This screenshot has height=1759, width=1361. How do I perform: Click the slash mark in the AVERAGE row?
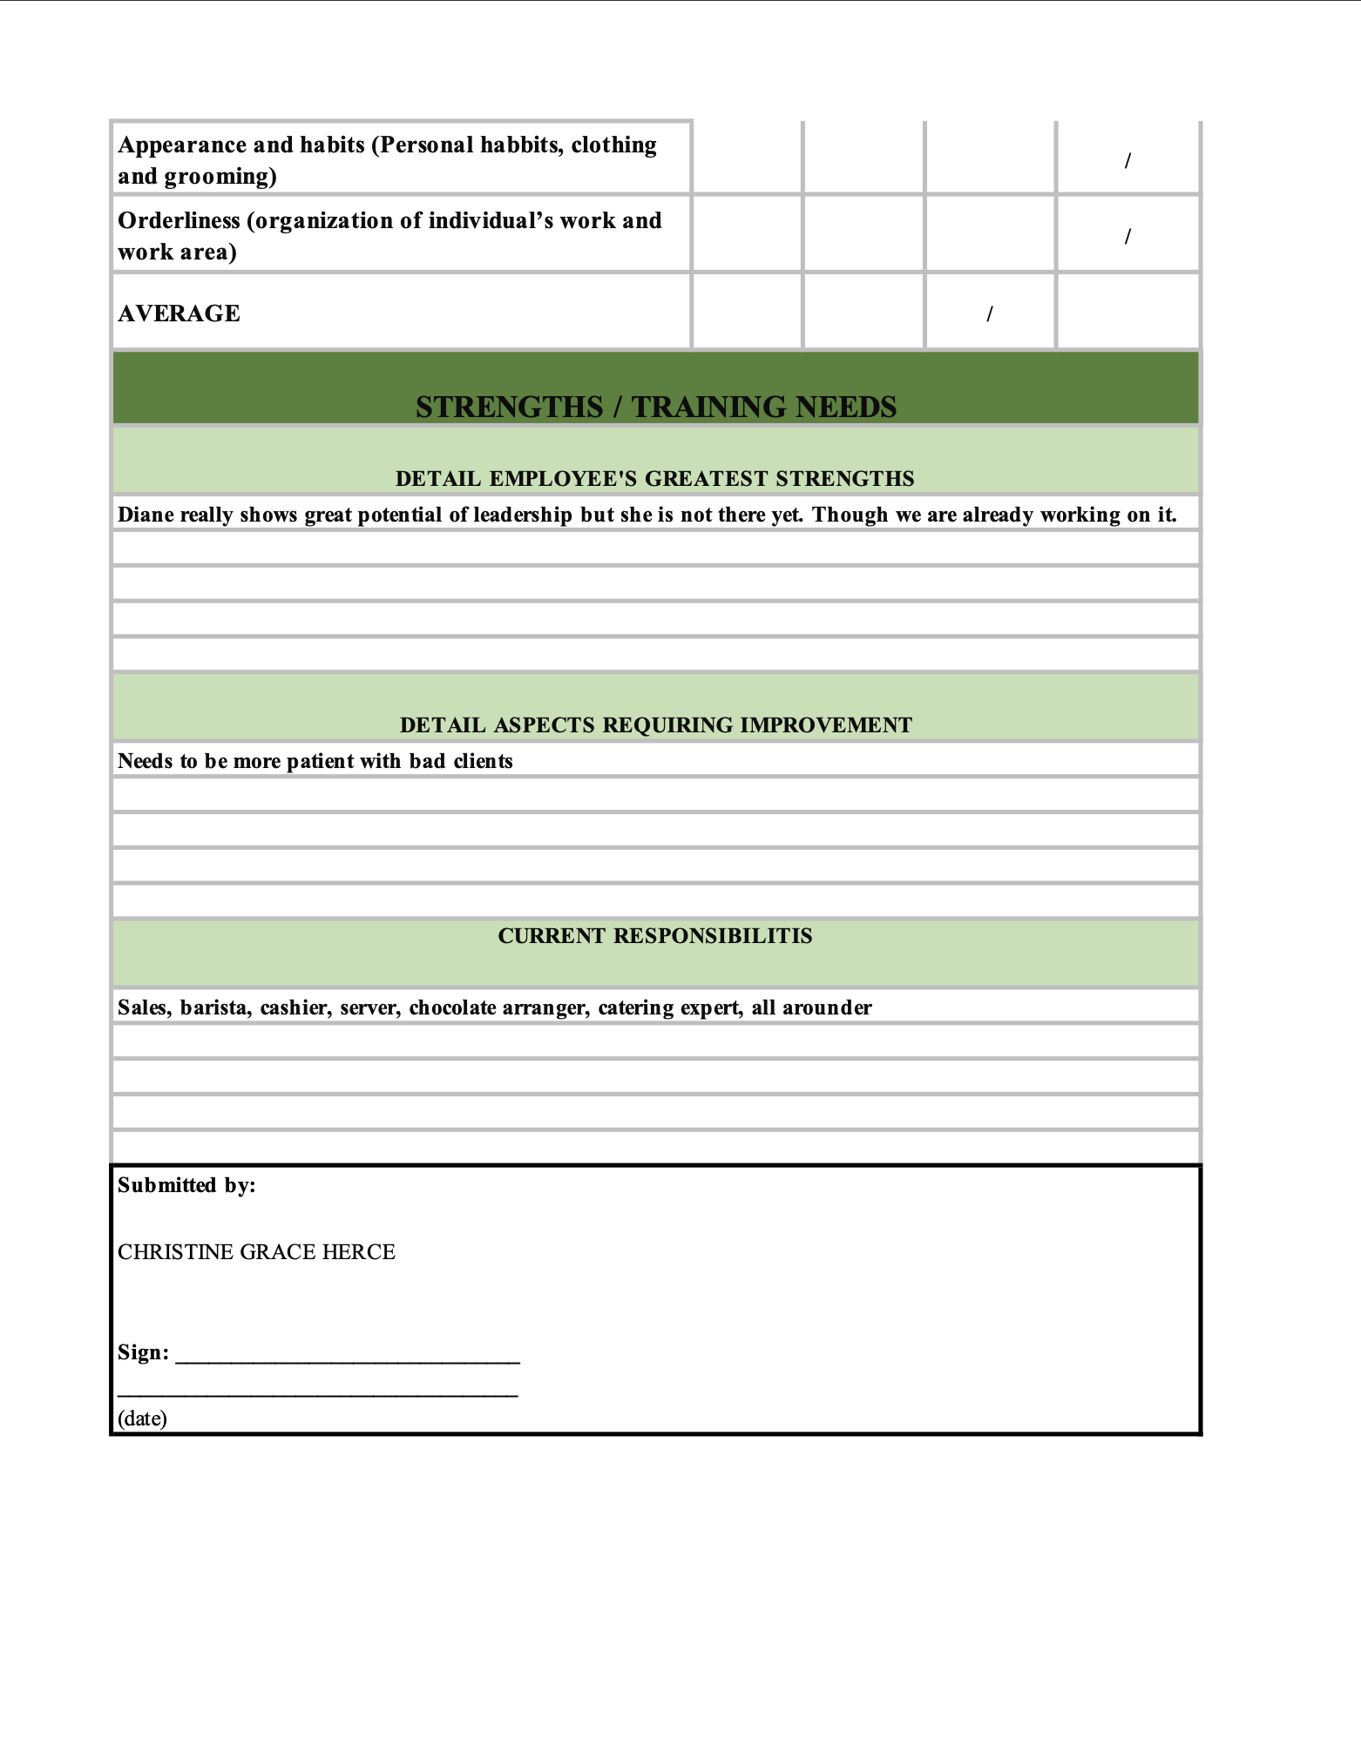(x=989, y=314)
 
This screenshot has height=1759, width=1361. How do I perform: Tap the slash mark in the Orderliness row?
(x=1127, y=236)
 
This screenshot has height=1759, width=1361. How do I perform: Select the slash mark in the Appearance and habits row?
(x=1127, y=160)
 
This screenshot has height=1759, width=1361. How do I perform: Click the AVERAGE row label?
(x=179, y=313)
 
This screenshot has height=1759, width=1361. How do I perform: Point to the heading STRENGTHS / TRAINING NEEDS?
(x=655, y=407)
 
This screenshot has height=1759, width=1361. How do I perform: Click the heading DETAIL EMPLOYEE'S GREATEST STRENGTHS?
(x=655, y=478)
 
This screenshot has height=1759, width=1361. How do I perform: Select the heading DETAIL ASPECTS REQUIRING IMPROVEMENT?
(x=655, y=724)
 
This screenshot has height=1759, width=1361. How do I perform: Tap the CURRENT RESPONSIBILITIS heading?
(x=655, y=935)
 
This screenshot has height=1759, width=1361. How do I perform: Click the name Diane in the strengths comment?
(x=146, y=515)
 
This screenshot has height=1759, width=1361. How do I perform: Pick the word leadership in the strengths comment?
(x=523, y=515)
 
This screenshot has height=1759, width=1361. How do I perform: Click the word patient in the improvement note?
(x=321, y=761)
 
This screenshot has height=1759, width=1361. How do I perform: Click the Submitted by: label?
(x=186, y=1185)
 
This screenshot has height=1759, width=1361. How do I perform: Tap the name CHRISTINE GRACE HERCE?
(x=256, y=1251)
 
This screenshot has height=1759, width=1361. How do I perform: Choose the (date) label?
(x=142, y=1419)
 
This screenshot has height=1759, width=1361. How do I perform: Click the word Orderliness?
(x=179, y=220)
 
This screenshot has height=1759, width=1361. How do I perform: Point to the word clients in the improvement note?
(x=483, y=761)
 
